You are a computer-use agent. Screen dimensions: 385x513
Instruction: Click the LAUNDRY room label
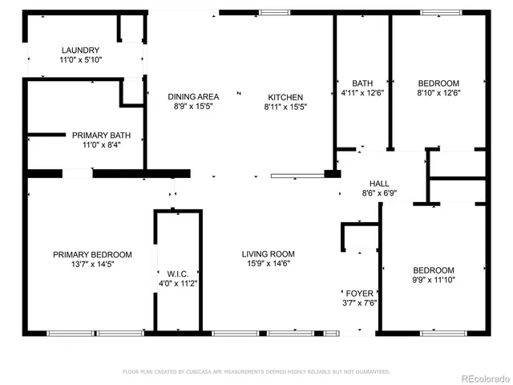(79, 50)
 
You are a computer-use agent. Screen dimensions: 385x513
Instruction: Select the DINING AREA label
(193, 97)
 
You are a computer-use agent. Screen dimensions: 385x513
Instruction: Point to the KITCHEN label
(286, 97)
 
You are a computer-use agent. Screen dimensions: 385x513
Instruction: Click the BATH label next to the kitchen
(362, 83)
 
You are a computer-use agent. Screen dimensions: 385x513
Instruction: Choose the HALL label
(379, 184)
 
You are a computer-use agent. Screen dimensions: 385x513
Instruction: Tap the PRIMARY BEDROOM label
(92, 254)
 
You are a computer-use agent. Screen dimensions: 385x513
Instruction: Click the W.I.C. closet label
(178, 274)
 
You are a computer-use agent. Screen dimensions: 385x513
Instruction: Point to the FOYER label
(359, 294)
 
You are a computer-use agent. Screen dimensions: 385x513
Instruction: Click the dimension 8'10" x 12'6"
(438, 92)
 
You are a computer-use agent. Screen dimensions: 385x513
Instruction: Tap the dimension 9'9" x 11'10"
(433, 280)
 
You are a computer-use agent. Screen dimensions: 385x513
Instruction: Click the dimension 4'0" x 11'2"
(178, 283)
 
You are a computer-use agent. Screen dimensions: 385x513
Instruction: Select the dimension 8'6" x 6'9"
(379, 193)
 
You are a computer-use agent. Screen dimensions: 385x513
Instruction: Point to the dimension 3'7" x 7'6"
(359, 303)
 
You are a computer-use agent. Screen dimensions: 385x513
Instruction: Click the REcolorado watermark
(483, 377)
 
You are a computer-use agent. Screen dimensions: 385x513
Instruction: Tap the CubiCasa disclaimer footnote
(256, 371)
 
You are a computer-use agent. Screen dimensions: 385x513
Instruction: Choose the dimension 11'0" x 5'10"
(79, 59)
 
